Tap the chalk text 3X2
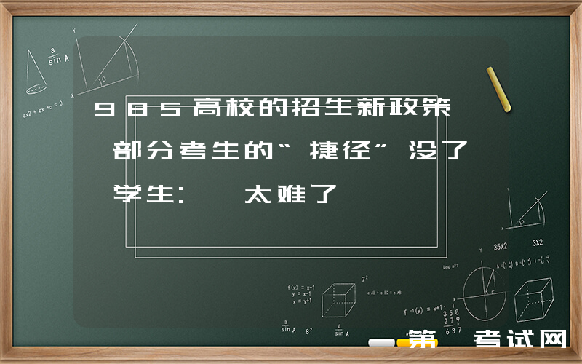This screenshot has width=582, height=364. pos(538,242)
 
